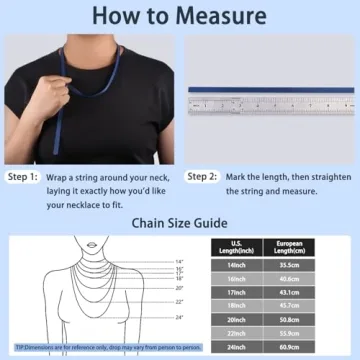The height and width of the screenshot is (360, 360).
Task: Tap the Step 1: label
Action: (x=23, y=177)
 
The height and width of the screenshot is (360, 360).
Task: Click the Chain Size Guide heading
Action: (x=180, y=223)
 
